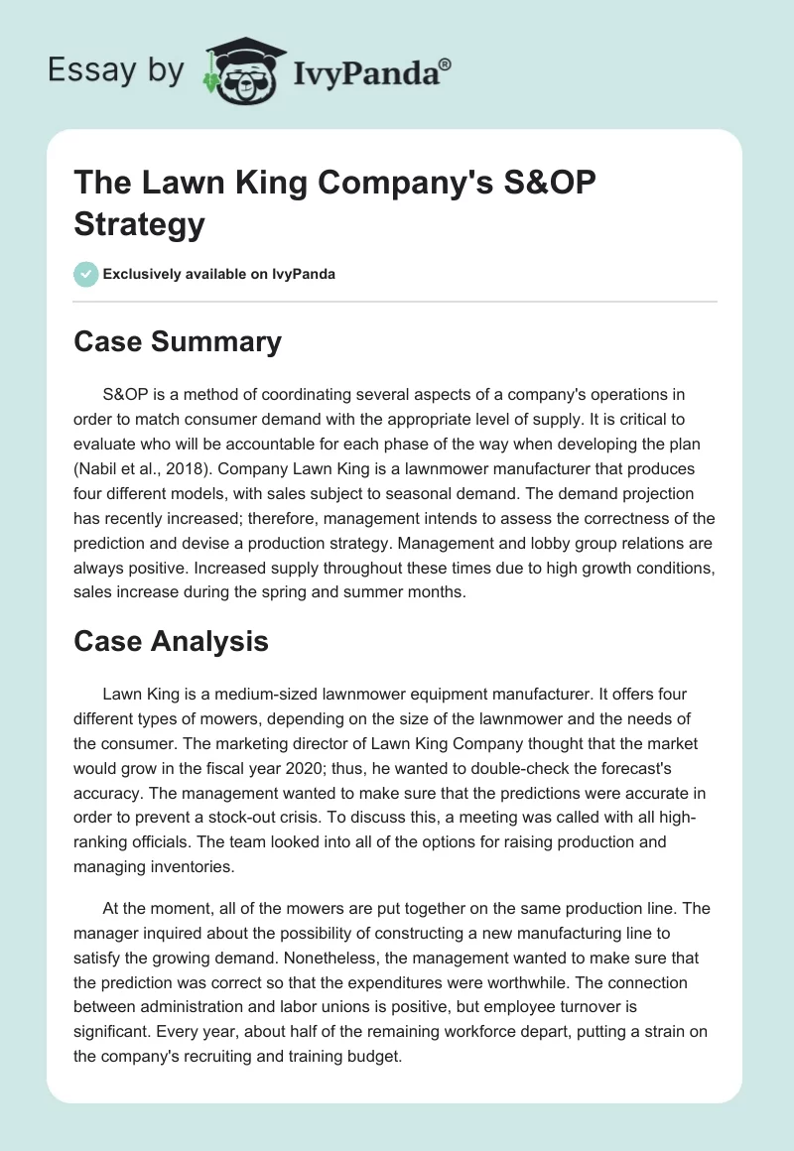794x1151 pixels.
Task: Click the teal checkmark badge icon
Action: click(86, 274)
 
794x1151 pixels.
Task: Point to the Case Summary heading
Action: click(178, 342)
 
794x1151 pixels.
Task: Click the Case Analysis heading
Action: click(171, 641)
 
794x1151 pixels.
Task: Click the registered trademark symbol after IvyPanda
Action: click(446, 63)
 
